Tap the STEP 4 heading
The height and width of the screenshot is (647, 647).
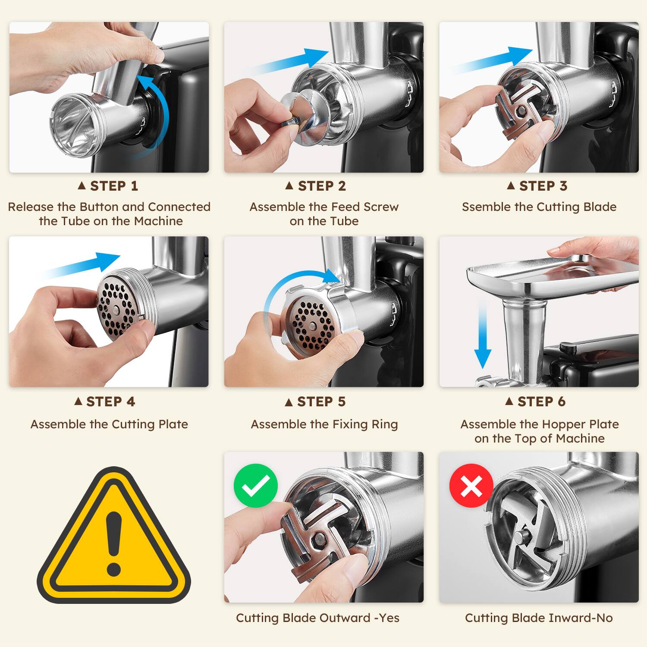105,402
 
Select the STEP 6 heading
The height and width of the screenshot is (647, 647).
536,402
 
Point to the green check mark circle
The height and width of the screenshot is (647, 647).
255,486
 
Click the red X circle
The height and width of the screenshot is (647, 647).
471,486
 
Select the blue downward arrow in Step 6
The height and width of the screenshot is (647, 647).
483,336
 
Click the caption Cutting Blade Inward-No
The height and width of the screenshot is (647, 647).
539,618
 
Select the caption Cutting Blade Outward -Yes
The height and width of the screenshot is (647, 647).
317,618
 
